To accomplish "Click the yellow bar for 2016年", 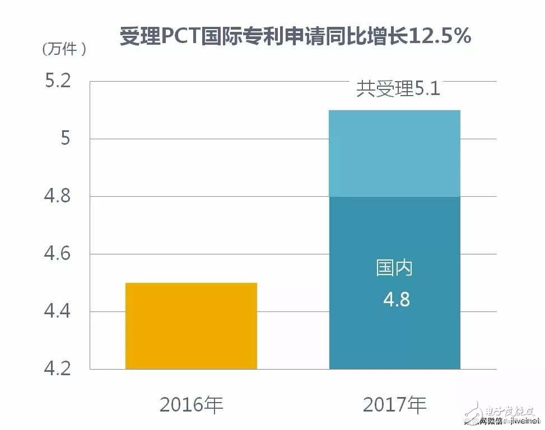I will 191,326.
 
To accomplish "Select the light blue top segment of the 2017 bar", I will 395,153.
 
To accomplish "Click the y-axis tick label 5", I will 66,139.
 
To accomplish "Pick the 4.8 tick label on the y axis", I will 58,197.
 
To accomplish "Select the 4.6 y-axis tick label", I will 58,254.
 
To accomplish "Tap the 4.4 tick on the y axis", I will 58,311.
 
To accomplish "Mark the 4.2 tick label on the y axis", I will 58,370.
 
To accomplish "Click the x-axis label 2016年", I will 191,404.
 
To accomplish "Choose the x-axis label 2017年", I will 395,404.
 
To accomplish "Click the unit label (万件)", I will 64,49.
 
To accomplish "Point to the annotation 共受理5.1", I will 398,89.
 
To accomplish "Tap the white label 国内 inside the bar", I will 395,268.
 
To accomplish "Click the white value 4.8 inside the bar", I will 396,300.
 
